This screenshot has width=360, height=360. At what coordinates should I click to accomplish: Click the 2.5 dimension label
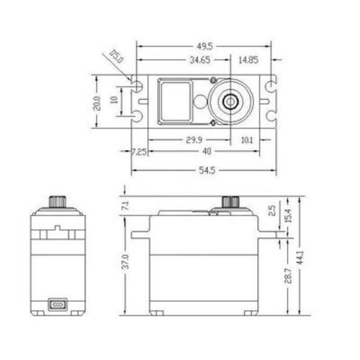(272, 210)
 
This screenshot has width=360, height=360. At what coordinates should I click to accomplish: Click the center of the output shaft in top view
(231, 102)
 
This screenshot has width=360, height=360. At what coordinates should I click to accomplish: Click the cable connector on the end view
(57, 304)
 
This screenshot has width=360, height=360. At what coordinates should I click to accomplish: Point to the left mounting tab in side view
(140, 235)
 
